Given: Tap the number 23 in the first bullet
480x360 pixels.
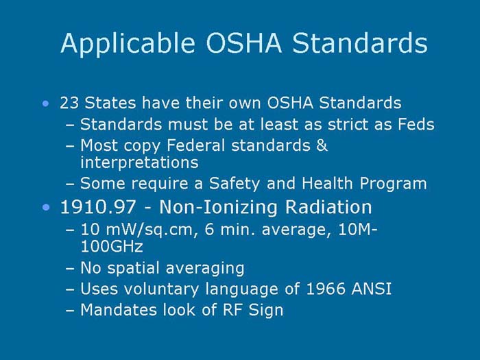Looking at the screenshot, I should [69, 104].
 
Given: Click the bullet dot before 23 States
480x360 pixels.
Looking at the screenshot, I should [45, 104].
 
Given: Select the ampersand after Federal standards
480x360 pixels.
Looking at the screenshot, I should [322, 145].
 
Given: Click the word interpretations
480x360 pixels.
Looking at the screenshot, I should [139, 163].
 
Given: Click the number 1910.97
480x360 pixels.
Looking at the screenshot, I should [95, 206].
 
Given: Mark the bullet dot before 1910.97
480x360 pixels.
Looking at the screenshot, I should [45, 207].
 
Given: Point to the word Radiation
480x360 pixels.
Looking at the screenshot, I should [328, 206].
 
